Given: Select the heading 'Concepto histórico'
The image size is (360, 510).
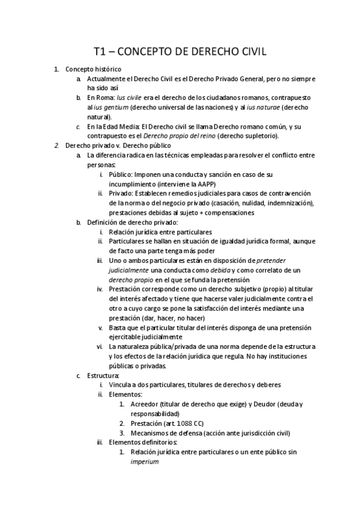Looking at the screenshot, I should tap(93, 69).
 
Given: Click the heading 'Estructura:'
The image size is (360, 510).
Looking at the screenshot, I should tap(103, 375).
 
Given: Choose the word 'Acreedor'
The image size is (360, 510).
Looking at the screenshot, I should tap(145, 404).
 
